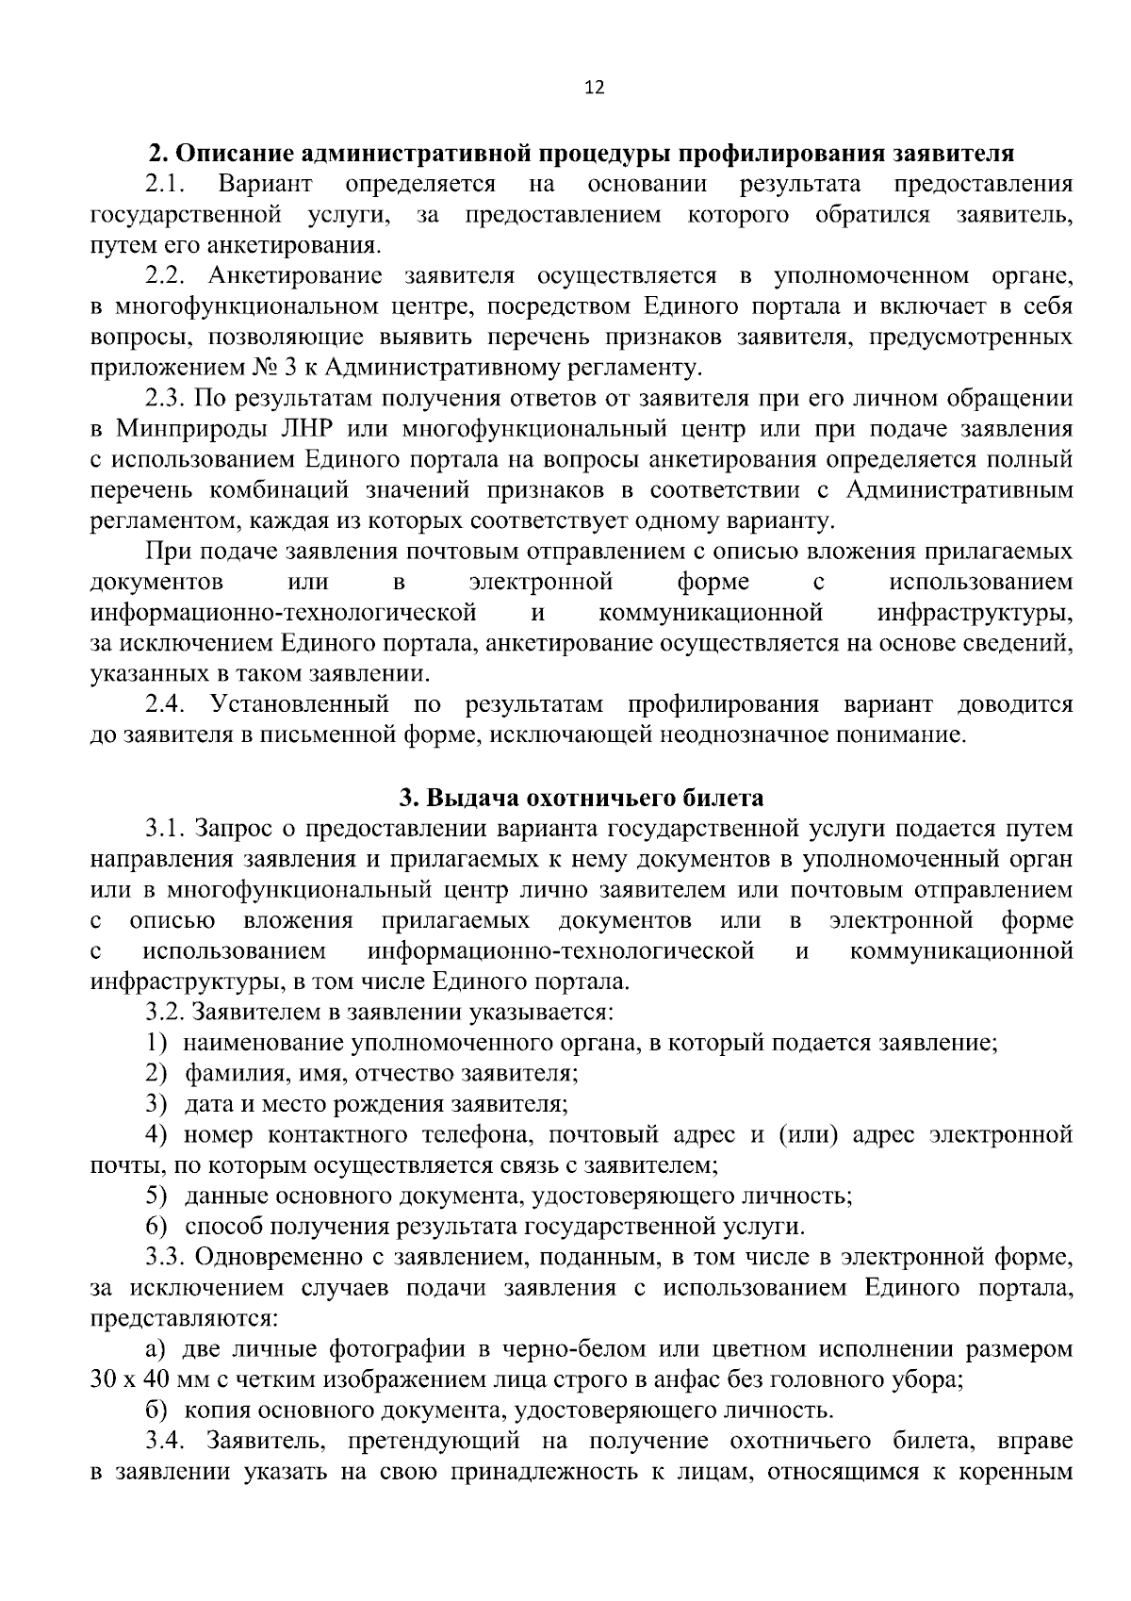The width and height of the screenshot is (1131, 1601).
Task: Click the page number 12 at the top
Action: pos(594,88)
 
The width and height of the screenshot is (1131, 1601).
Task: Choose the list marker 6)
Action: pos(156,1227)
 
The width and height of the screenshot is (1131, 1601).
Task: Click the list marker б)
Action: pos(156,1411)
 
